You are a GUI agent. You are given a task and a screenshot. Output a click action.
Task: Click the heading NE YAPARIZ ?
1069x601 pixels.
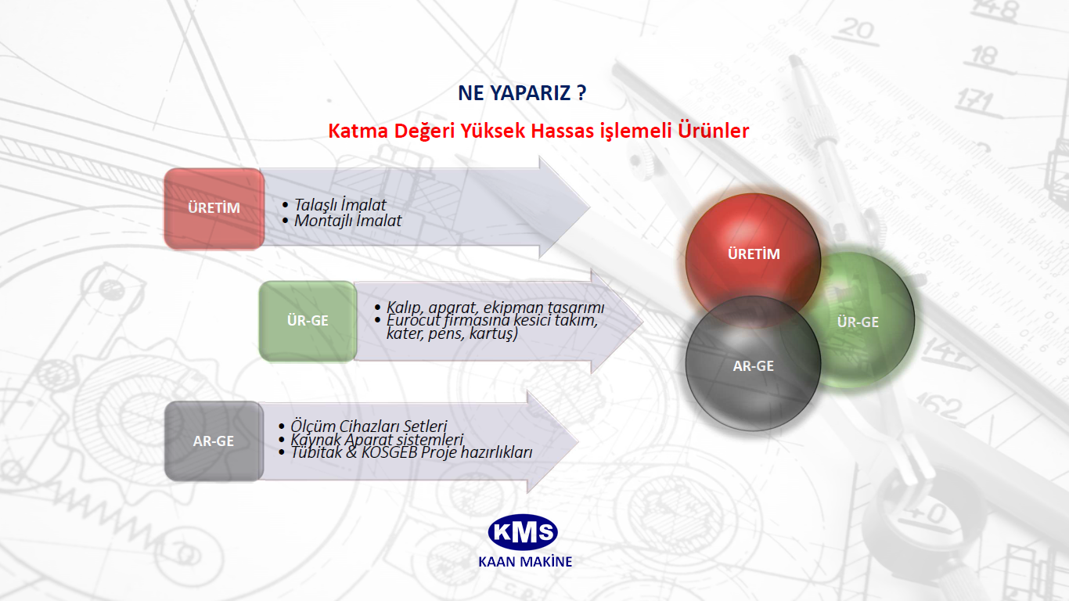(x=522, y=92)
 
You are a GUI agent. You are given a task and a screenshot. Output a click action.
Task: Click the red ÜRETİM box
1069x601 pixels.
(x=214, y=209)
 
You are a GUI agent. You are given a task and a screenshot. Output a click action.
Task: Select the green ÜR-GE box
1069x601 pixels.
(x=308, y=321)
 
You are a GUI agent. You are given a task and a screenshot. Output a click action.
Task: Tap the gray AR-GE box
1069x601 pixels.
(x=214, y=441)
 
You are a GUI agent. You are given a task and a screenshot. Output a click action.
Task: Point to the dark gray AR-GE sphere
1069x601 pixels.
(x=753, y=364)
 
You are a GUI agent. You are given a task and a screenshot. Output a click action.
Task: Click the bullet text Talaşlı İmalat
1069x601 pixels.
(x=340, y=205)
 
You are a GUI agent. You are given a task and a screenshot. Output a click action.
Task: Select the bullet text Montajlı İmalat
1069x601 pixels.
(x=348, y=221)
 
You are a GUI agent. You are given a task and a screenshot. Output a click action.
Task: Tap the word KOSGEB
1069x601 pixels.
(x=390, y=452)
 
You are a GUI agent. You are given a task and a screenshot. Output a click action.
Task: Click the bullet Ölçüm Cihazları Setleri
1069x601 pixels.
(x=369, y=426)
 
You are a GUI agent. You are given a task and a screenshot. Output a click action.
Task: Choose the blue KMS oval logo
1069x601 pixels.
(x=523, y=532)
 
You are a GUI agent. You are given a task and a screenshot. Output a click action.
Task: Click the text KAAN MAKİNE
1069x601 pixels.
(x=525, y=561)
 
